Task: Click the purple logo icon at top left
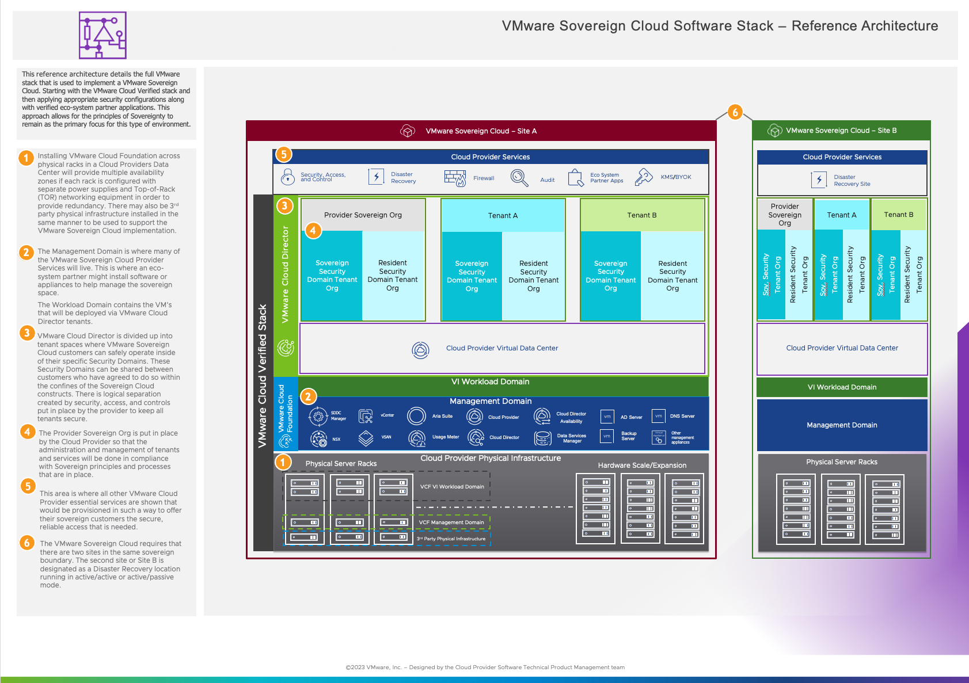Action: (x=102, y=35)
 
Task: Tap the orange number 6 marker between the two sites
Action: (x=735, y=112)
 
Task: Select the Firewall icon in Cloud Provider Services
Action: (x=455, y=178)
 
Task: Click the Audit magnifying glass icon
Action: (x=519, y=178)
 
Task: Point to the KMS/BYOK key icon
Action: (x=643, y=177)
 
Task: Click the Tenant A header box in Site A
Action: (x=503, y=215)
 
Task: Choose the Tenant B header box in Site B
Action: (x=899, y=215)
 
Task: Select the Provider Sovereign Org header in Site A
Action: (x=363, y=215)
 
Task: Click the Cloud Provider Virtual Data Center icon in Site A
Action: (x=421, y=350)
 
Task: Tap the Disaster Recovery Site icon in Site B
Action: (x=819, y=180)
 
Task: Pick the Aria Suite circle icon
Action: (x=416, y=416)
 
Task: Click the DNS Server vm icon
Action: (x=658, y=416)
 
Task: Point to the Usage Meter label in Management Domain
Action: (x=446, y=437)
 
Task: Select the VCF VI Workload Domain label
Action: (x=452, y=487)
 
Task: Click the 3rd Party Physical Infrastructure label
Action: (x=451, y=539)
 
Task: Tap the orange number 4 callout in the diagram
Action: (x=313, y=231)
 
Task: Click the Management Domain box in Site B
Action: (x=842, y=425)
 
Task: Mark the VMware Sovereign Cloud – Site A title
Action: (x=481, y=131)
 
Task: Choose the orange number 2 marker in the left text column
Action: (x=26, y=252)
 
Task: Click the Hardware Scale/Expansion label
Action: (x=642, y=465)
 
